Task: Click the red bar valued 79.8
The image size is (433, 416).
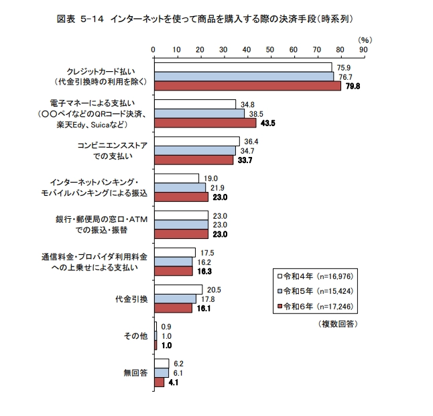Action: [x=247, y=86]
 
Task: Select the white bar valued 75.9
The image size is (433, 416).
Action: [x=243, y=67]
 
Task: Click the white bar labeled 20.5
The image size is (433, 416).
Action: [x=178, y=290]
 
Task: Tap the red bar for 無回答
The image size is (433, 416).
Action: [x=160, y=382]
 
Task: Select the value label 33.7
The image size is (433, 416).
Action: [x=243, y=160]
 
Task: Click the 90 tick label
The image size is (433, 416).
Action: [x=363, y=49]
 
